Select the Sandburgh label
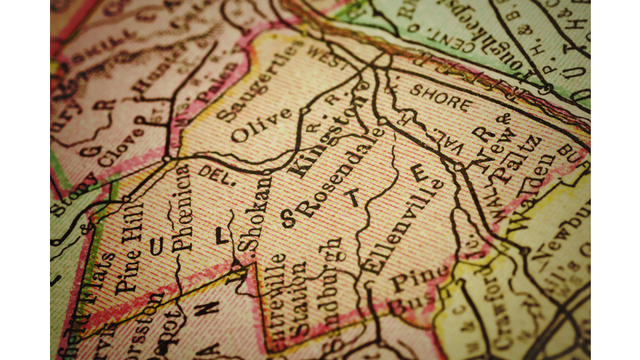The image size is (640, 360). click(332, 284)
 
